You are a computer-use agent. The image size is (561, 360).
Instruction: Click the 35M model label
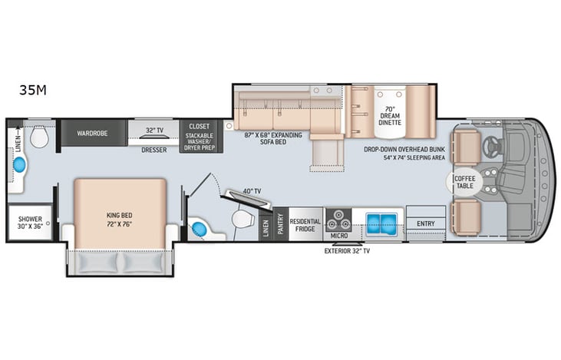[33, 91]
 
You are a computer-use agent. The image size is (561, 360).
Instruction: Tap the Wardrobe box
[91, 133]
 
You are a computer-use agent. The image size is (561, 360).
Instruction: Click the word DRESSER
[154, 150]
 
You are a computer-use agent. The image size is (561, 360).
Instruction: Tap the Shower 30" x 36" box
[31, 223]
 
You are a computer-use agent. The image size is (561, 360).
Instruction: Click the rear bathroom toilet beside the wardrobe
[41, 137]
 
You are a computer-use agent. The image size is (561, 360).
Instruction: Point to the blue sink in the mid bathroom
[200, 228]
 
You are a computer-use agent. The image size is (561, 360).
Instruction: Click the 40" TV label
[250, 191]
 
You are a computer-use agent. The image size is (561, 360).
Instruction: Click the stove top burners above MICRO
[335, 216]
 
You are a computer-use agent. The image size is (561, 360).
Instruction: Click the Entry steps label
[425, 223]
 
